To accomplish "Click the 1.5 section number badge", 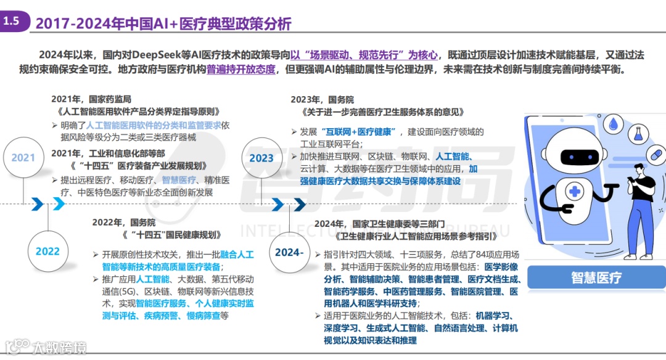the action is pos(12,22).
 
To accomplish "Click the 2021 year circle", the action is pos(23,157).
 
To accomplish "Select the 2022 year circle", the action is pos(47,251).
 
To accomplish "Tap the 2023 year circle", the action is pos(261,158).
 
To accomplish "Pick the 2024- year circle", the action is pos(289,252).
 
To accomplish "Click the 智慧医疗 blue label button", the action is pos(596,277).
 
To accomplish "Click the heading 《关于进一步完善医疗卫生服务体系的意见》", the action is pos(383,113).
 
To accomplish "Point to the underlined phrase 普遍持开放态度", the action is pos(241,70).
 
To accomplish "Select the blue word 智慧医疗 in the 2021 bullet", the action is pos(179,180).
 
